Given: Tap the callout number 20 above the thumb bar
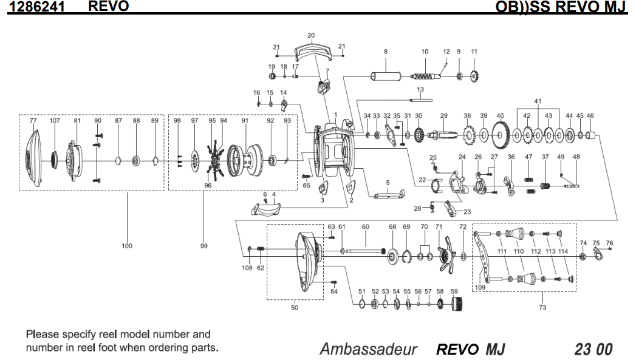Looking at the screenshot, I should pyautogui.click(x=311, y=36).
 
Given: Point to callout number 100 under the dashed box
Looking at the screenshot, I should pyautogui.click(x=126, y=246).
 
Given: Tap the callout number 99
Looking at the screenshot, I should pyautogui.click(x=203, y=246).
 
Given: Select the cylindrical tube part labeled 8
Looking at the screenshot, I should pyautogui.click(x=385, y=77).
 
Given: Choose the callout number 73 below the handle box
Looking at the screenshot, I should pyautogui.click(x=542, y=307).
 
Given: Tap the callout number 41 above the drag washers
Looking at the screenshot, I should pyautogui.click(x=537, y=100).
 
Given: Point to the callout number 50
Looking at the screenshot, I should pyautogui.click(x=295, y=307).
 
